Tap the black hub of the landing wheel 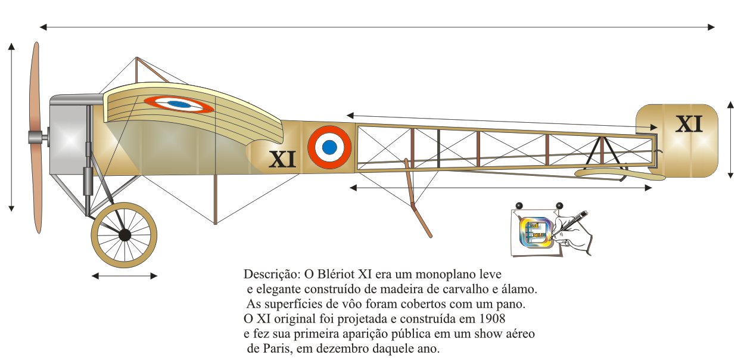pos(124,235)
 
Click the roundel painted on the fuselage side pos(329,146)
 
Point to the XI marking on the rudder pos(689,124)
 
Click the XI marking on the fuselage pos(282,160)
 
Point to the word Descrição pos(269,275)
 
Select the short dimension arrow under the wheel pos(124,276)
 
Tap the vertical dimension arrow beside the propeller pos(11,126)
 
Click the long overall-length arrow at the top pos(376,27)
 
